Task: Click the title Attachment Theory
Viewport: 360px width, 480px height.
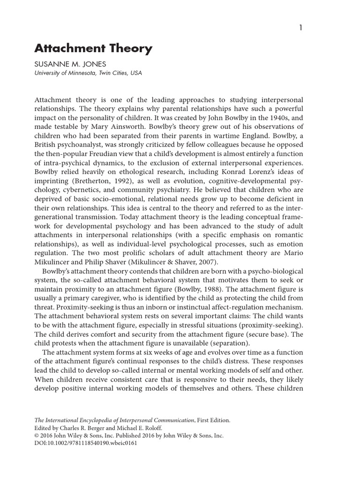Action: [94, 48]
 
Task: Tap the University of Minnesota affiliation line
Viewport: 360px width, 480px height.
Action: [89, 73]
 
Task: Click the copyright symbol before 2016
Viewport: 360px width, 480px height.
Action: [37, 436]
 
